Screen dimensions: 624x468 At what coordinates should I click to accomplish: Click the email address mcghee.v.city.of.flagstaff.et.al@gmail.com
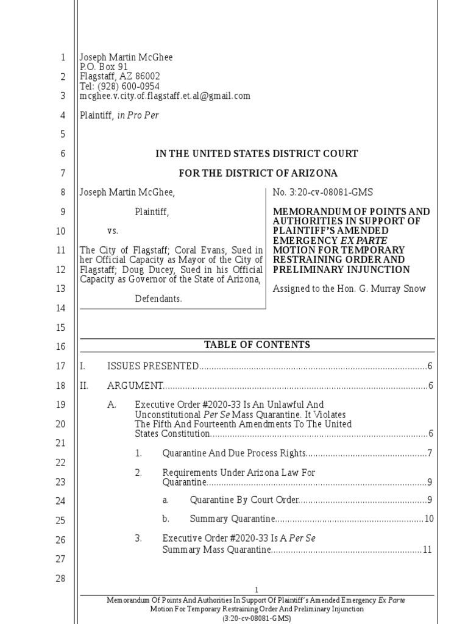(x=165, y=96)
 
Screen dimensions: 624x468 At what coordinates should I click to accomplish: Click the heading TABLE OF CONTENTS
(x=257, y=345)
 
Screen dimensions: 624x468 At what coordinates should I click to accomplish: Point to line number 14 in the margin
(x=60, y=308)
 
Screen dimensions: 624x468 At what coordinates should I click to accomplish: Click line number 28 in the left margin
(x=60, y=578)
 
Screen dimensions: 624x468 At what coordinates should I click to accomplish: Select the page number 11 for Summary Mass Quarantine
(x=427, y=550)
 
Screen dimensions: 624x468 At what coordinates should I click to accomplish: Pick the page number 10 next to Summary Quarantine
(x=428, y=519)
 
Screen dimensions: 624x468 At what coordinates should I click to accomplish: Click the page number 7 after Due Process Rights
(x=430, y=453)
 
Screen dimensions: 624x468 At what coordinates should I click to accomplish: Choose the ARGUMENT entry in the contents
(x=135, y=386)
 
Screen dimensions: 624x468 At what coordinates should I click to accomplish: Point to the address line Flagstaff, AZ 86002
(x=120, y=77)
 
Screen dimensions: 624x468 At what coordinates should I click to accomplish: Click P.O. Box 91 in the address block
(x=104, y=67)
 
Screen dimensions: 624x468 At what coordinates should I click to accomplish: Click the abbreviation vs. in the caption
(x=113, y=232)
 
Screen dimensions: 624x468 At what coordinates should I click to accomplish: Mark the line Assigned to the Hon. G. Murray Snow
(x=349, y=288)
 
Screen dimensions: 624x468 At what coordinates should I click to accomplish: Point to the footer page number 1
(x=257, y=590)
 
